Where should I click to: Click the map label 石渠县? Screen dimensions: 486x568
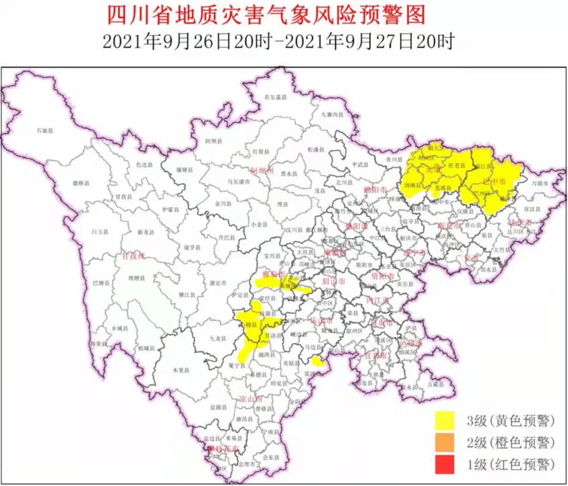(45, 129)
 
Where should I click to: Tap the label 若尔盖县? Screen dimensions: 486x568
(275, 97)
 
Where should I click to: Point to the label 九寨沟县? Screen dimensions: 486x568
(332, 114)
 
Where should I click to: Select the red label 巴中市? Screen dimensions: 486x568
(494, 181)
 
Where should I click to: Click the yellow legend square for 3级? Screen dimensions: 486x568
(445, 420)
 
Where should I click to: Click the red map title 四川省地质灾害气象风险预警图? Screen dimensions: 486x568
(266, 16)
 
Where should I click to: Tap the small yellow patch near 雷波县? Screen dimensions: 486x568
(317, 361)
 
